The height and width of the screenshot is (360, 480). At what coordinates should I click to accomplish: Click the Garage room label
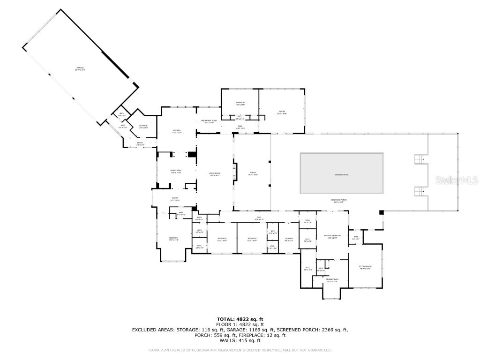[81, 69]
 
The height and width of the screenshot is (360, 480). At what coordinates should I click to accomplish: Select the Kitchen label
[177, 131]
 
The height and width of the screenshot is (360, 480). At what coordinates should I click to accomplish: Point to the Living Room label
[215, 175]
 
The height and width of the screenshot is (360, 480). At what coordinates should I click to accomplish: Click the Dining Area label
[176, 172]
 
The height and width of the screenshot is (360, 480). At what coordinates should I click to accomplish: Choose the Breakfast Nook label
[209, 121]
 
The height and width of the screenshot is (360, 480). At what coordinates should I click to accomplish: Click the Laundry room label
[289, 240]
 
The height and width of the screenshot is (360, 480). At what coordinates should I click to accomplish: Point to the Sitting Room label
[365, 267]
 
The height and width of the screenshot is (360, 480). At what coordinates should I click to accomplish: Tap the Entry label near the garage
[140, 143]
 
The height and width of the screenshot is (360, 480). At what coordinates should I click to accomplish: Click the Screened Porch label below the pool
[342, 201]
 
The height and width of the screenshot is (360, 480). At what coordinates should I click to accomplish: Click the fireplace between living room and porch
[235, 172]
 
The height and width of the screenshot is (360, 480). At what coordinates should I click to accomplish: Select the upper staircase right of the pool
[419, 159]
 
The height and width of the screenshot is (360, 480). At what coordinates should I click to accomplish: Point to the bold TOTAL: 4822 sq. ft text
[240, 319]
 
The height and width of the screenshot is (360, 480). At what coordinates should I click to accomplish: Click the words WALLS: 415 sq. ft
[240, 340]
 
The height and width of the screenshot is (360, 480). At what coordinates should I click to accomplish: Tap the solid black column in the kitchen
[192, 154]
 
